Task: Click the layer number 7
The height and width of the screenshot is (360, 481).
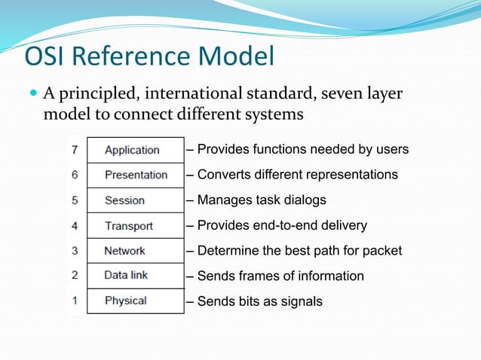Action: coord(75,150)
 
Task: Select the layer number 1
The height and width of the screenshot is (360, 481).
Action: coord(75,301)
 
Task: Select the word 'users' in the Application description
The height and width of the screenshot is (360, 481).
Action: coord(392,150)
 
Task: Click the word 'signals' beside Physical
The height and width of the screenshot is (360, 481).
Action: coord(299,301)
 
